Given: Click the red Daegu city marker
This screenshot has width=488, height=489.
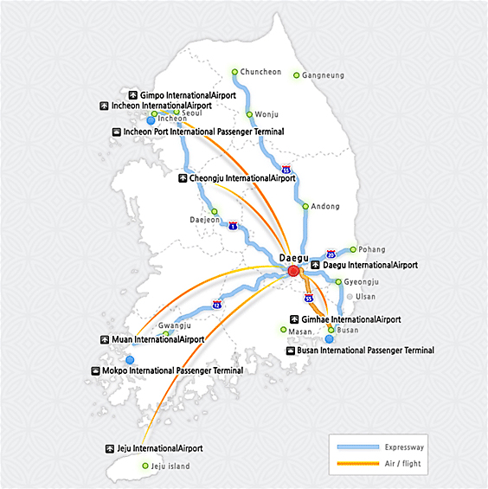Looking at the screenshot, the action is (x=293, y=271).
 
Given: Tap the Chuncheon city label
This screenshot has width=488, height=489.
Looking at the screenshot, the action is (x=260, y=72).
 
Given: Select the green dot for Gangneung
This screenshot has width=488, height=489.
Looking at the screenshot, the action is (x=296, y=75).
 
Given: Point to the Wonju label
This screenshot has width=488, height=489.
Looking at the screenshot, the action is (x=266, y=114).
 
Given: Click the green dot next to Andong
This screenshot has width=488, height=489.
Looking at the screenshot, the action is (x=305, y=206).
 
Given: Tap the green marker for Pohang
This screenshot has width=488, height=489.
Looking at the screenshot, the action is (x=353, y=249).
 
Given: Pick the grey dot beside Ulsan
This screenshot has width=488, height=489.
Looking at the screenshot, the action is (x=350, y=297).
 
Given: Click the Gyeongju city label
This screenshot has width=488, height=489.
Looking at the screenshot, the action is (x=362, y=282).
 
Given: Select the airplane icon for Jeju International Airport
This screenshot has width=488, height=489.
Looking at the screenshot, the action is (x=109, y=448).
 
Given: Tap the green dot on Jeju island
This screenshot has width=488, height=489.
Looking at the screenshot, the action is (x=145, y=466).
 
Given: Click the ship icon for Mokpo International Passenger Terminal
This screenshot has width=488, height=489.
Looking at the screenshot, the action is (x=95, y=370).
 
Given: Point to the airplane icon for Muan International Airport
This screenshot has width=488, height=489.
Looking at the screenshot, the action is (x=105, y=339).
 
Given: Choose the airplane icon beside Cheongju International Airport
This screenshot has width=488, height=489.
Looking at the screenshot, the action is (x=183, y=178).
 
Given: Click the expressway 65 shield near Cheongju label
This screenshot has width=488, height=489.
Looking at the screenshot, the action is (x=286, y=170).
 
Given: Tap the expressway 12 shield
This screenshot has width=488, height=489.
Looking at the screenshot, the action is (x=217, y=305).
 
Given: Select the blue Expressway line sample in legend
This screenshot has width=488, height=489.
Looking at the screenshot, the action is (x=358, y=447).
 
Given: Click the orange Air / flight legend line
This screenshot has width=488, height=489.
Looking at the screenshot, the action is (x=358, y=463).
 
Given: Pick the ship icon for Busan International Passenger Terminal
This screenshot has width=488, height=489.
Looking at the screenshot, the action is (x=291, y=351).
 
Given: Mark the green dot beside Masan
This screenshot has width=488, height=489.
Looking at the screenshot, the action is (x=283, y=330).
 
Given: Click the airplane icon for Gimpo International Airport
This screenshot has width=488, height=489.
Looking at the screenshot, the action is (x=133, y=95).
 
